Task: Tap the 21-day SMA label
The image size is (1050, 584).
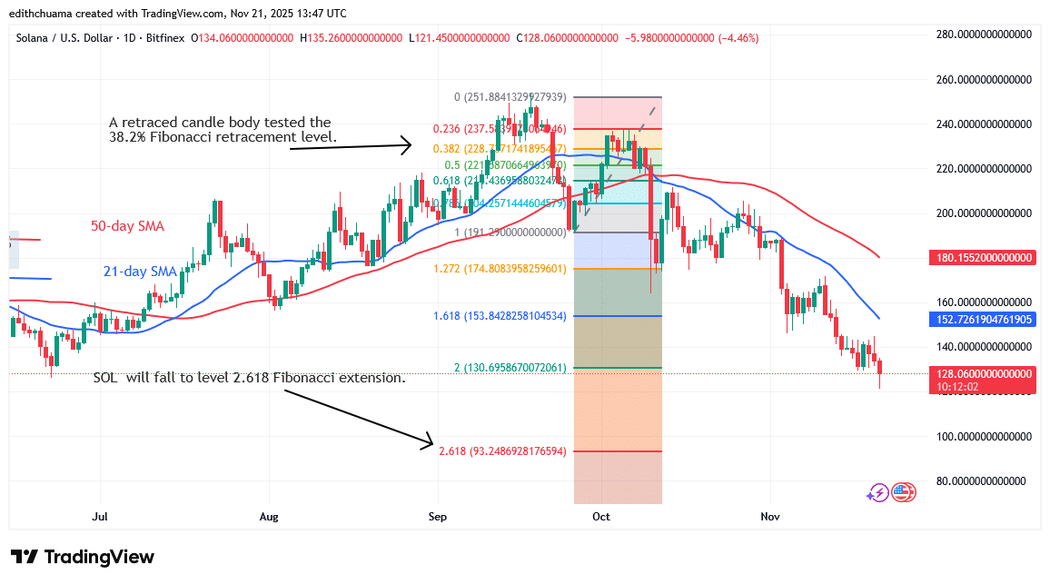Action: click(139, 271)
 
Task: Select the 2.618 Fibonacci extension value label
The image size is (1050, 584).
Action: click(502, 451)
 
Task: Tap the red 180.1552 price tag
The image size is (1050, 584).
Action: click(985, 258)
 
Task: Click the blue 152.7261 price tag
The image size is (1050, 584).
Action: click(985, 320)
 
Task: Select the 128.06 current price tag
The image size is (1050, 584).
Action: click(985, 373)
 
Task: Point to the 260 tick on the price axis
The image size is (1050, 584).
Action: click(985, 79)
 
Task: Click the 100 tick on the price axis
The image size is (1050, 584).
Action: click(985, 436)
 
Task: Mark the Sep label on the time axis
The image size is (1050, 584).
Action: click(437, 517)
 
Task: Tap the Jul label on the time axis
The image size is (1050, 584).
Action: click(100, 517)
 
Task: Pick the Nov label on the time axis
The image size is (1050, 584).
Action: click(770, 517)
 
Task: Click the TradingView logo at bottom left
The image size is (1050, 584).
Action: click(83, 557)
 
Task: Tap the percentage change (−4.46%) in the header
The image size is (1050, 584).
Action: click(738, 38)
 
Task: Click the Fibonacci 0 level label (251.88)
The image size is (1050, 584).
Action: click(510, 97)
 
